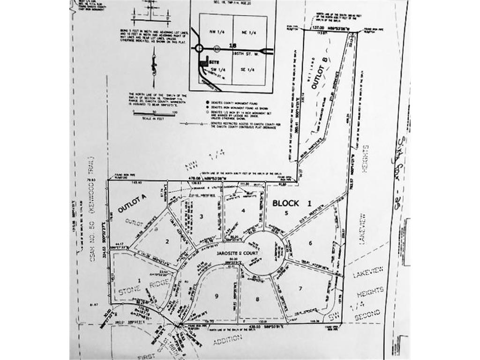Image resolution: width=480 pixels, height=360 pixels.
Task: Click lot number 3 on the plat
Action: (201, 216)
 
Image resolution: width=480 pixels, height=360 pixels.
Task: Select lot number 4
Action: (243, 210)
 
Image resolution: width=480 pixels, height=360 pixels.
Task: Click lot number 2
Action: (166, 241)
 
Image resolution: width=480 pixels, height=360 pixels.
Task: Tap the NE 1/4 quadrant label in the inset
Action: (247, 31)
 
